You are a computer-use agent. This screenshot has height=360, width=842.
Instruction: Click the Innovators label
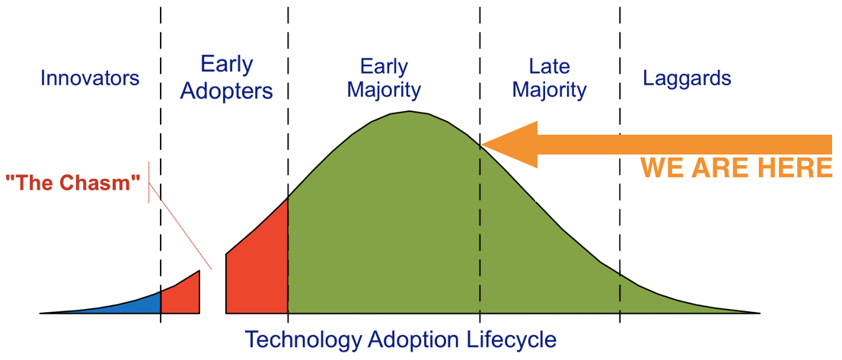90,78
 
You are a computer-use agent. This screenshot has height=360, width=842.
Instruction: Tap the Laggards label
687,79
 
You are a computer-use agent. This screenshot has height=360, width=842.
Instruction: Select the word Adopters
227,92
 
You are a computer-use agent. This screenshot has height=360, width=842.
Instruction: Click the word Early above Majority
384,68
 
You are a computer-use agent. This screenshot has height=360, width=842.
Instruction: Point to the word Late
550,66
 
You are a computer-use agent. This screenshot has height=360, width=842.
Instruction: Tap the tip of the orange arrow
482,145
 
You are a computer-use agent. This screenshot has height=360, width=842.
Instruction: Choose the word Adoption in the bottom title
406,339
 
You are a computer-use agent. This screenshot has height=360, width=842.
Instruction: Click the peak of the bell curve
410,112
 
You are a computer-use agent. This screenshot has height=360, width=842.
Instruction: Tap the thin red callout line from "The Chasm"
180,225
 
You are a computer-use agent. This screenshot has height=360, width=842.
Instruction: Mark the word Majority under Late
550,91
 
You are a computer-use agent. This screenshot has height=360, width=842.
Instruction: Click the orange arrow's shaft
684,145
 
